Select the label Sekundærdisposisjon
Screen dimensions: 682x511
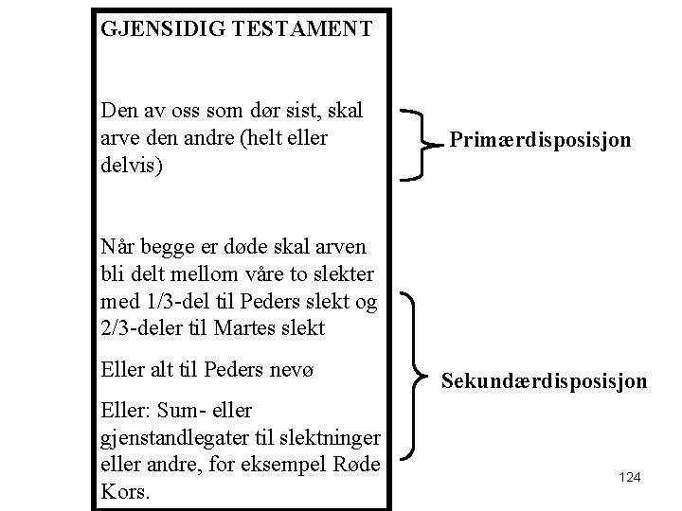545,381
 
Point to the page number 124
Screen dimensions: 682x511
630,478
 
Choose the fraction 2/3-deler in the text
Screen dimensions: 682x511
144,327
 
